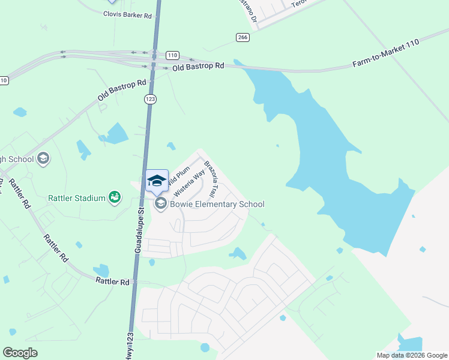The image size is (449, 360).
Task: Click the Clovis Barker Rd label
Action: pos(127,14)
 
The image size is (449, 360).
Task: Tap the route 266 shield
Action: pos(243,37)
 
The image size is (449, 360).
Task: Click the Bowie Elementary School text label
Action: pos(217,204)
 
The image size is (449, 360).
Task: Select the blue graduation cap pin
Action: pos(157,180)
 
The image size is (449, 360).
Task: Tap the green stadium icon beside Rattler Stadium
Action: pos(114,197)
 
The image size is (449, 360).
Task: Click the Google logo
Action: pos(20,352)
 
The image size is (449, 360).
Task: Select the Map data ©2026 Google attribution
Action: pos(411,355)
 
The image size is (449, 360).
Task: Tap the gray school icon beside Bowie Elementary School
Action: pos(160,204)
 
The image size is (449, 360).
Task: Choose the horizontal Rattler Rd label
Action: pos(112,281)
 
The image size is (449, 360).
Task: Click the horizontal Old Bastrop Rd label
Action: pos(197,66)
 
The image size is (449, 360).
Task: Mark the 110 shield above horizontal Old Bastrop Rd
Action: pos(172,55)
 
